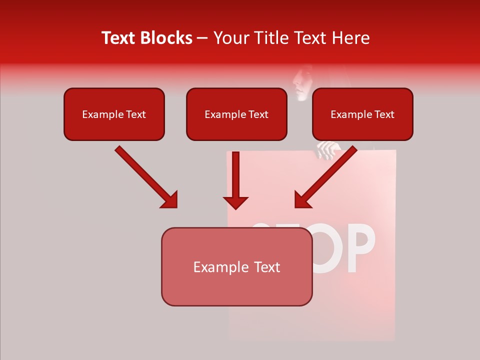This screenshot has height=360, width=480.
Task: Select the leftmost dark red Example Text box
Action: point(114,114)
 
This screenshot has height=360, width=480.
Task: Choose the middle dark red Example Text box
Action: point(236,114)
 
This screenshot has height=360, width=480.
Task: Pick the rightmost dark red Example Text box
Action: point(362,114)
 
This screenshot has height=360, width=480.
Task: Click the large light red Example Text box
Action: point(236,266)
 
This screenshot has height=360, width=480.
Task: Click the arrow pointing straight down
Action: point(235,180)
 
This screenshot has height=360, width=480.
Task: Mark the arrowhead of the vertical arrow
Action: point(235,202)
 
